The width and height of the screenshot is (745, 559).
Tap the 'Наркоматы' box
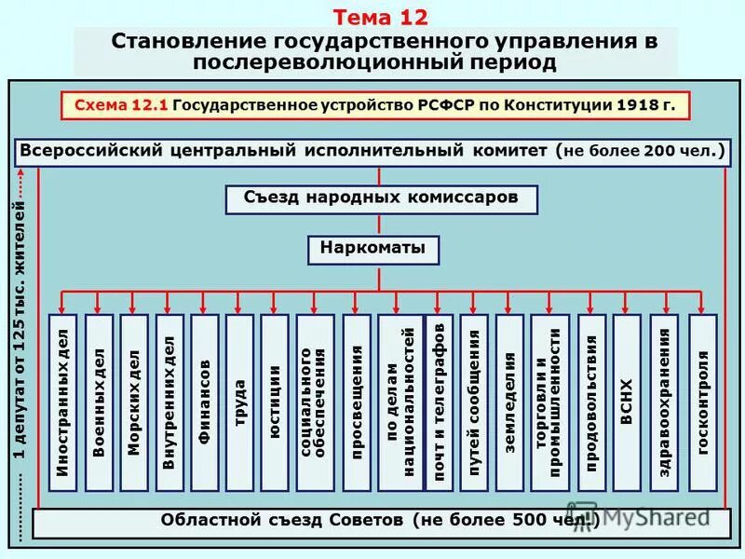click(372, 249)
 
